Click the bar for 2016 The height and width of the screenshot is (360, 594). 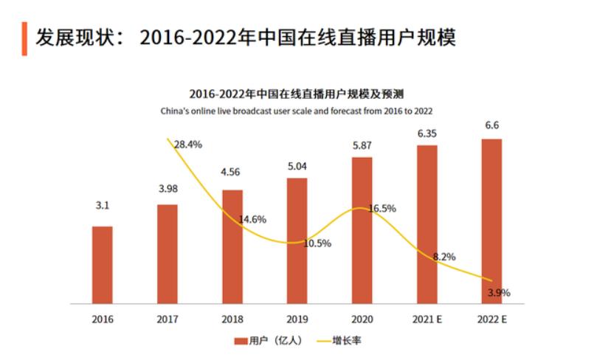tap(103, 264)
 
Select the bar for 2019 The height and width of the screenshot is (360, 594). tap(297, 240)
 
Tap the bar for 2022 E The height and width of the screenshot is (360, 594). tap(491, 221)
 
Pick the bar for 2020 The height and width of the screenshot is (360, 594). tap(362, 229)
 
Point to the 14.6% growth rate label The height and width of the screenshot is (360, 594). tap(252, 219)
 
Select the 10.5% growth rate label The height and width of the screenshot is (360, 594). tap(317, 243)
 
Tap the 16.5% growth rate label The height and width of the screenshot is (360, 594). tap(381, 209)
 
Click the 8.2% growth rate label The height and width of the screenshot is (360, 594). tap(444, 257)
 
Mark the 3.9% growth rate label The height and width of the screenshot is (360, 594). tap(499, 293)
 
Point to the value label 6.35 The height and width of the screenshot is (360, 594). tap(427, 134)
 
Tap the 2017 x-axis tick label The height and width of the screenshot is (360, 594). tap(168, 319)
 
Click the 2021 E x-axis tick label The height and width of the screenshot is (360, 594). tap(427, 319)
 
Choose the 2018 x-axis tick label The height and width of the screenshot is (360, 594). tap(232, 319)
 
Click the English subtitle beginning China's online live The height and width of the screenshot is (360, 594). tap(297, 110)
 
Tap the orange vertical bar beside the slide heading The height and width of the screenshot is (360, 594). tap(24, 38)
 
